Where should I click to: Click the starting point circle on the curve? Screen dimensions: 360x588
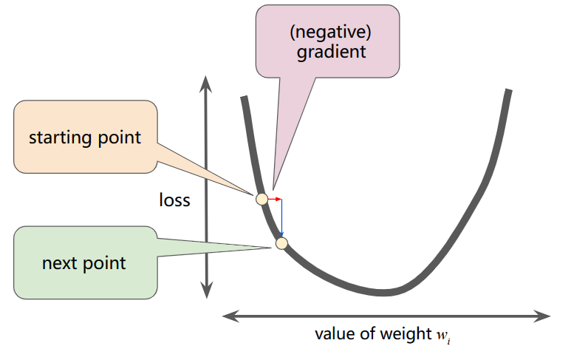click(261, 198)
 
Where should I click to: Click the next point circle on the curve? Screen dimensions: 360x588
click(280, 242)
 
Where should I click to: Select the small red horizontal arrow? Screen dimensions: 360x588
click(274, 199)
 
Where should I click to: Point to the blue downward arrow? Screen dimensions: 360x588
click(281, 219)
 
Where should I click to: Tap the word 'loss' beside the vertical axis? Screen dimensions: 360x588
click(174, 200)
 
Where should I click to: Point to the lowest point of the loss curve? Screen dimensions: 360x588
click(383, 291)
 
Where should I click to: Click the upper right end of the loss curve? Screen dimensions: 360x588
click(508, 92)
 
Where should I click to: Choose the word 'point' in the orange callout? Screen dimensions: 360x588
click(119, 137)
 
